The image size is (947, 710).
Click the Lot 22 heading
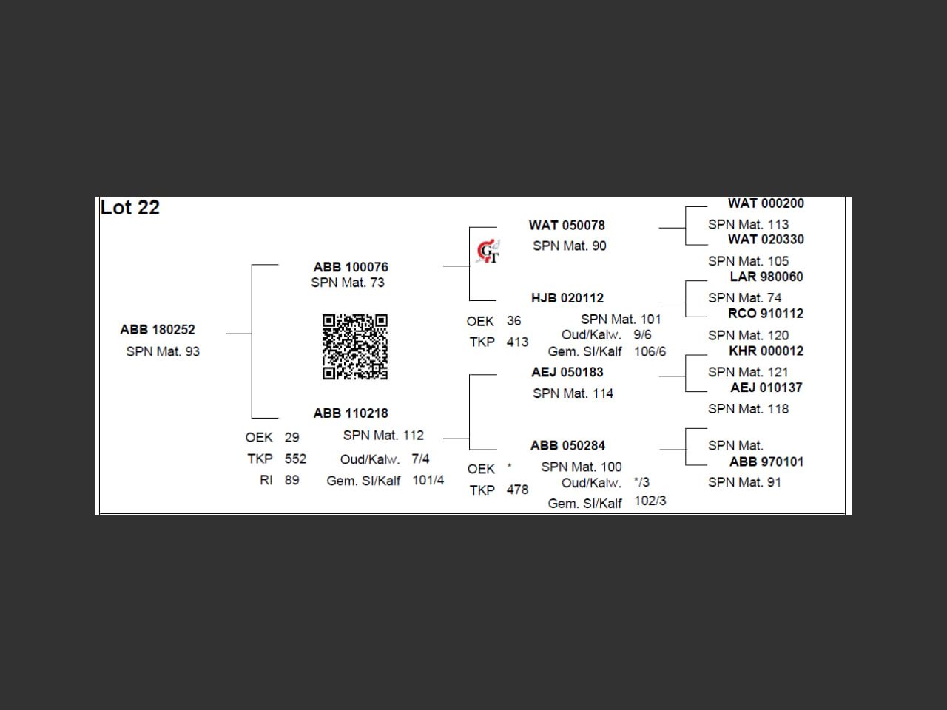(130, 208)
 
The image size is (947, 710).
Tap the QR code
(354, 347)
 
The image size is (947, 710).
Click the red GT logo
(488, 252)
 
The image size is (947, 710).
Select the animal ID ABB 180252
(158, 330)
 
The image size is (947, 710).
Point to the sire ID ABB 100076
(351, 267)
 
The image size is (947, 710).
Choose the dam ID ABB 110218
(351, 413)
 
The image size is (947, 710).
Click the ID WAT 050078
(567, 226)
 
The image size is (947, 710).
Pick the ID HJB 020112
(567, 298)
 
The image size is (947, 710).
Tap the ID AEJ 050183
(567, 372)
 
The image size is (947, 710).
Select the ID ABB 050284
(567, 446)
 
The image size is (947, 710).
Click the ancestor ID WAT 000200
(766, 203)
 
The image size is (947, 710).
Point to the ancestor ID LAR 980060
(766, 277)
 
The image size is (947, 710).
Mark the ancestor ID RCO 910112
(766, 314)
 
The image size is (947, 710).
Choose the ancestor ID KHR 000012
(766, 351)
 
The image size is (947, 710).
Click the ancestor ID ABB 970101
(766, 462)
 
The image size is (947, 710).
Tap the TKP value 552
(295, 459)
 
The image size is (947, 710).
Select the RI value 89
(292, 481)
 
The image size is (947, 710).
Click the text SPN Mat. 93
(163, 352)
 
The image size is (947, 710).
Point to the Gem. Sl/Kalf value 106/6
(650, 352)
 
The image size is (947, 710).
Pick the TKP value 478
(517, 490)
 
